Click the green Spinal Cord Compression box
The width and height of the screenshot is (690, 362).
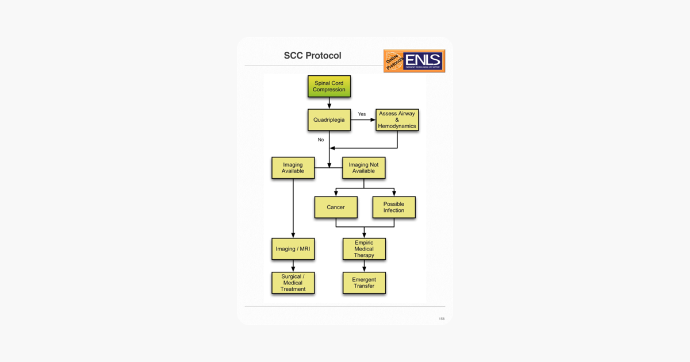[329, 86]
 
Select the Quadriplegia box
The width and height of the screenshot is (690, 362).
[329, 120]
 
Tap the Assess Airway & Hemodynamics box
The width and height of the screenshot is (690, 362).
[397, 120]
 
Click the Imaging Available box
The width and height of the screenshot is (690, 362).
[293, 168]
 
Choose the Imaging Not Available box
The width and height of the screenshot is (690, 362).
[363, 168]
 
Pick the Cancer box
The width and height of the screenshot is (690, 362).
[336, 207]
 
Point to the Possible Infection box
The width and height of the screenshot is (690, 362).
[394, 207]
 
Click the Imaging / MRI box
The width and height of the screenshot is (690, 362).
[293, 249]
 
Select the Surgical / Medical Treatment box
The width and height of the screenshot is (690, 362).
[293, 283]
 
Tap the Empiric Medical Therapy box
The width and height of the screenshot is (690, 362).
[364, 249]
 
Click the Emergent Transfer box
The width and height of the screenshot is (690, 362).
[364, 283]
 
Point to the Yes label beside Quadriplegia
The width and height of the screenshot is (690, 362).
[362, 114]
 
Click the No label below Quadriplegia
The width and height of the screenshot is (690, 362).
[321, 140]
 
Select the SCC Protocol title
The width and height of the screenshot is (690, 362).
[312, 56]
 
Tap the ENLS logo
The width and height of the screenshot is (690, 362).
[414, 61]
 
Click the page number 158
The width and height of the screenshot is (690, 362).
[442, 319]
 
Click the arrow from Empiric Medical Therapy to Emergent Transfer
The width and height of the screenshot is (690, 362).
[364, 266]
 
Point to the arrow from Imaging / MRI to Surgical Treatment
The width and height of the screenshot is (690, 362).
[293, 266]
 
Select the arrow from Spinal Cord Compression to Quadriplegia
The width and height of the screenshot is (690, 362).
[329, 103]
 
